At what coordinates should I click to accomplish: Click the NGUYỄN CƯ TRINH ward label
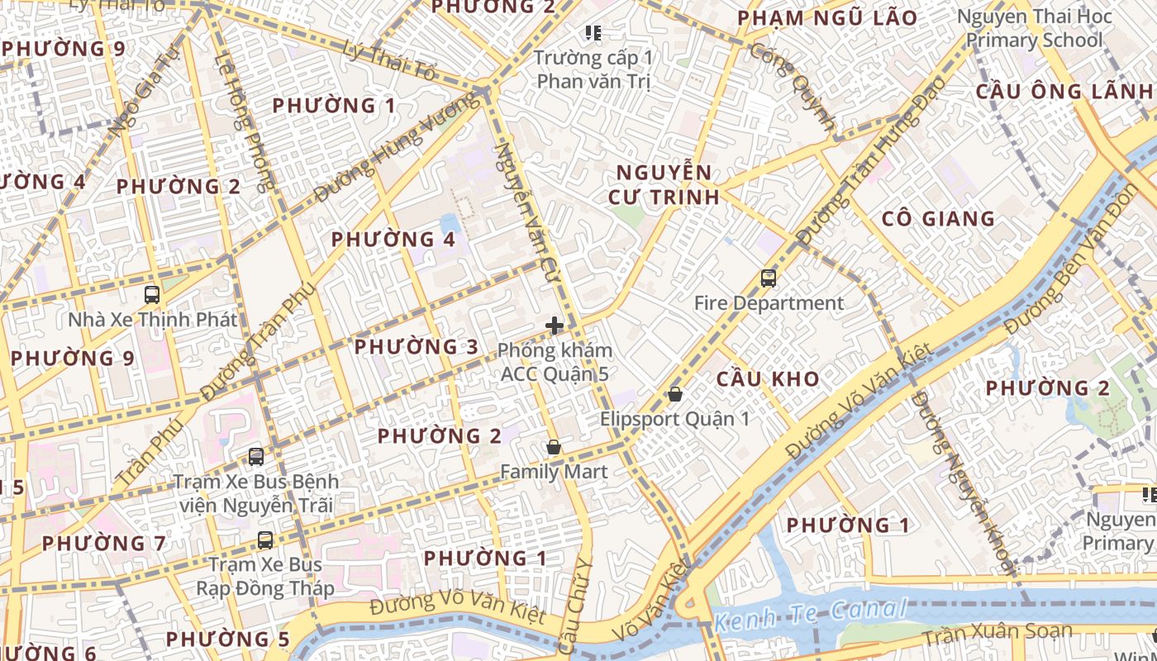[663, 184]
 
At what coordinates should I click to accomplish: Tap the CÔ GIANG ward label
[938, 219]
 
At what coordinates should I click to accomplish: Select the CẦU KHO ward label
[768, 379]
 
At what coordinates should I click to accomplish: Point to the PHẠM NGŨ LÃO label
[827, 18]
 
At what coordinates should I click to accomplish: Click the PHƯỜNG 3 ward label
[417, 347]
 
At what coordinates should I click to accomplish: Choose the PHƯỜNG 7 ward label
[104, 544]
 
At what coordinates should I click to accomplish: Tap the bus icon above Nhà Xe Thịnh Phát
[152, 294]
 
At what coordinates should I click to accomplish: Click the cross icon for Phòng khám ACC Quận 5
[555, 326]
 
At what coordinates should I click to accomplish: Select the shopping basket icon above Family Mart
[554, 447]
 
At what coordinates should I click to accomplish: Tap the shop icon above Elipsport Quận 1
[674, 394]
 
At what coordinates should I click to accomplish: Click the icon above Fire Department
[769, 278]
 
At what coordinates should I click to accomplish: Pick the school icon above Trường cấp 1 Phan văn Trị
[593, 33]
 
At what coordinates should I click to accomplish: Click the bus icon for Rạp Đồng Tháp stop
[264, 540]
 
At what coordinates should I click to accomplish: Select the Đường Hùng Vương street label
[397, 147]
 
